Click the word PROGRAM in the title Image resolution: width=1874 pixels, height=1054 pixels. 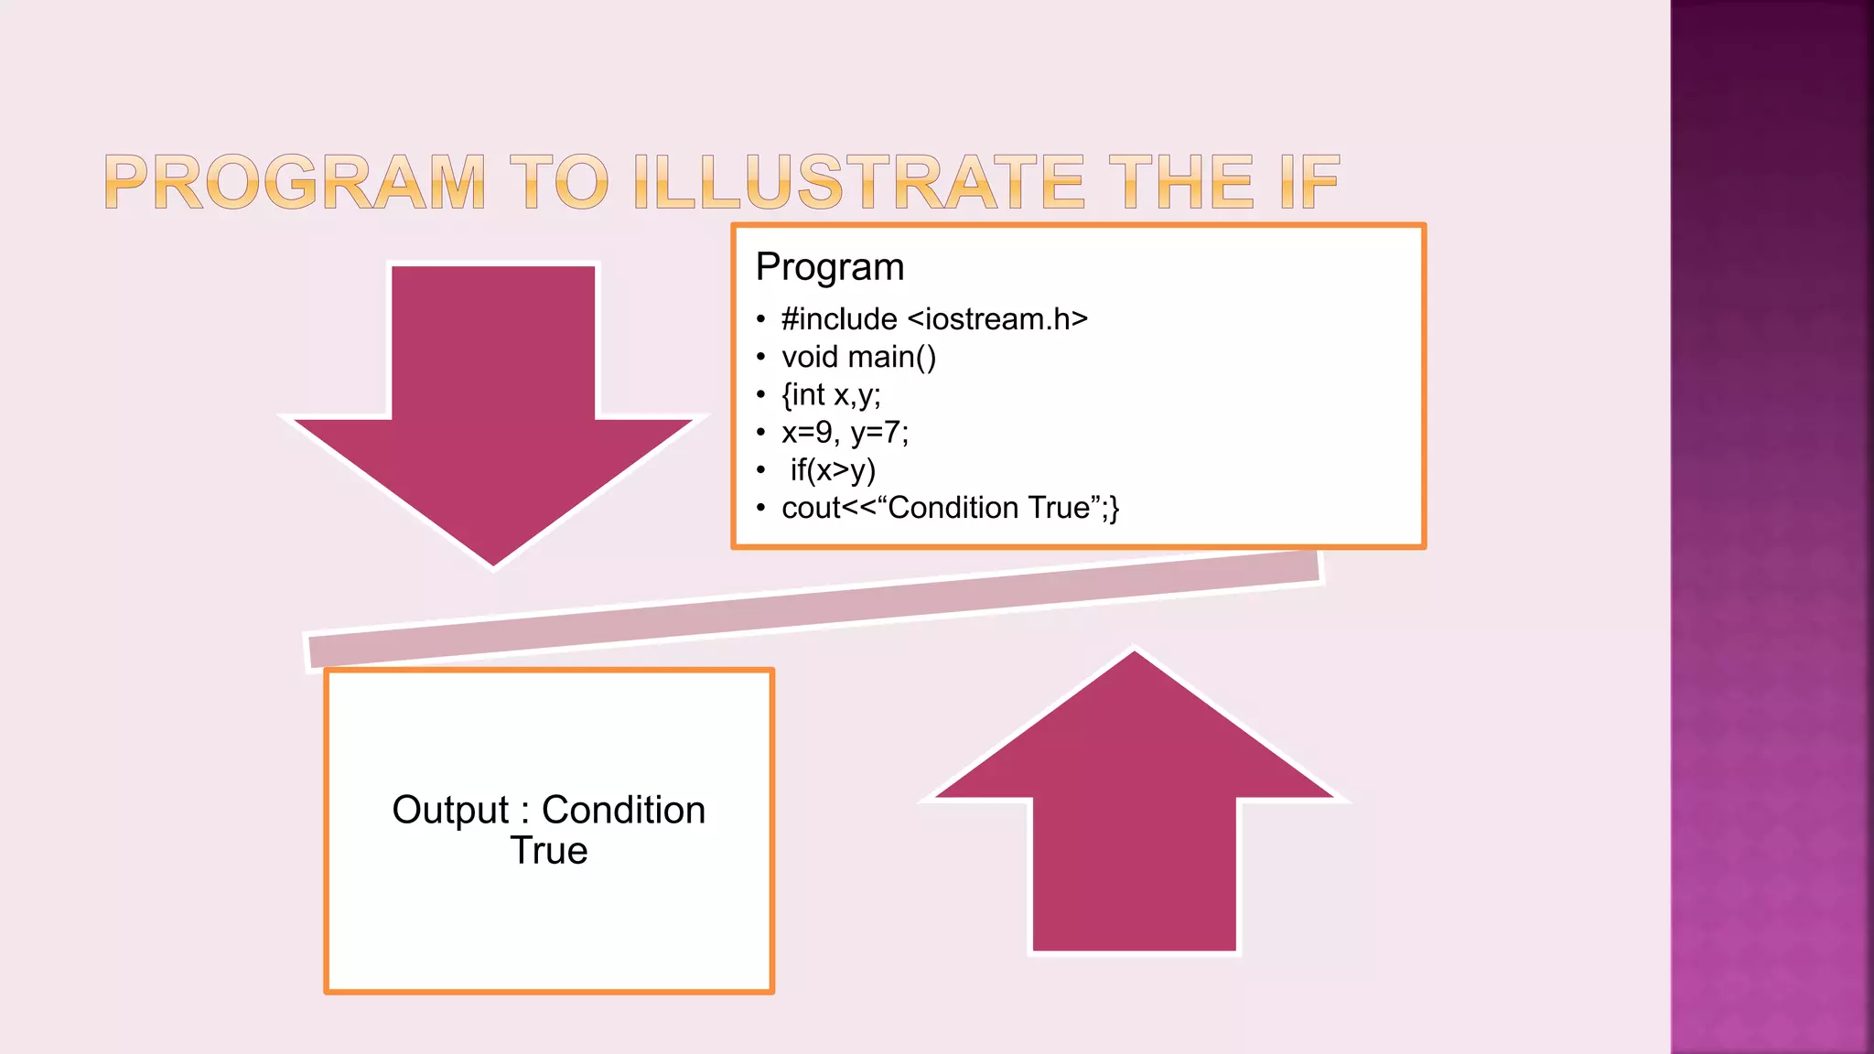[x=295, y=182]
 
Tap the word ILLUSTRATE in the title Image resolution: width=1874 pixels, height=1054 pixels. [x=857, y=182]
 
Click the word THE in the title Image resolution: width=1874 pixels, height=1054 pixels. [x=1180, y=182]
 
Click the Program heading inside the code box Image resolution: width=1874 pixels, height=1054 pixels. [x=829, y=267]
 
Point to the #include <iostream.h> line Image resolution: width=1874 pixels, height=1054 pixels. [x=933, y=319]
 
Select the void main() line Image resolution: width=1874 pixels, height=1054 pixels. [x=858, y=357]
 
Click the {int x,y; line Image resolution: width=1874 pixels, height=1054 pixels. [x=830, y=394]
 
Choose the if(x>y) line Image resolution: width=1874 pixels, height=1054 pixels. [x=833, y=470]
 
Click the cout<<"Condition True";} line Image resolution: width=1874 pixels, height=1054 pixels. [x=950, y=508]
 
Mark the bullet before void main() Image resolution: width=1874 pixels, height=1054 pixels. [x=760, y=358]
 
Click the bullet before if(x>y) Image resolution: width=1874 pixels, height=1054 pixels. [x=760, y=471]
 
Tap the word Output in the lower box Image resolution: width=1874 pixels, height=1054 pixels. [x=450, y=811]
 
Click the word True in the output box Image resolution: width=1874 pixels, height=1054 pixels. [x=549, y=851]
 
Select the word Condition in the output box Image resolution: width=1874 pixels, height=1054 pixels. [x=623, y=811]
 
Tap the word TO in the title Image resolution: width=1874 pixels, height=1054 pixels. [x=558, y=182]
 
